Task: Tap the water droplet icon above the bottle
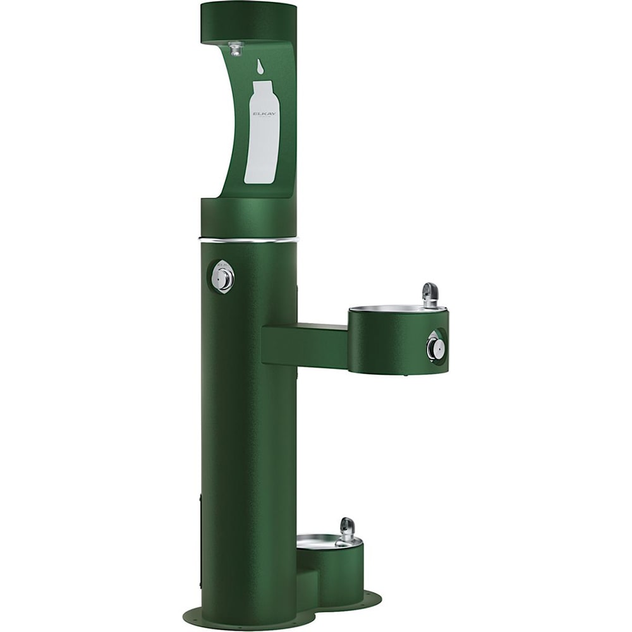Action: tap(260, 66)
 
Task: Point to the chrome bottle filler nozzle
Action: tap(236, 48)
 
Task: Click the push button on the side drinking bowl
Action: tap(435, 346)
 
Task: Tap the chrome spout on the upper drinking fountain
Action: tap(430, 293)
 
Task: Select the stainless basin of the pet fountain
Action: tap(319, 541)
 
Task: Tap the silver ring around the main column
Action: tap(248, 240)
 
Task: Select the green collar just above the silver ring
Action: tap(248, 218)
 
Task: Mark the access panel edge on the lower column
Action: tap(201, 537)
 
